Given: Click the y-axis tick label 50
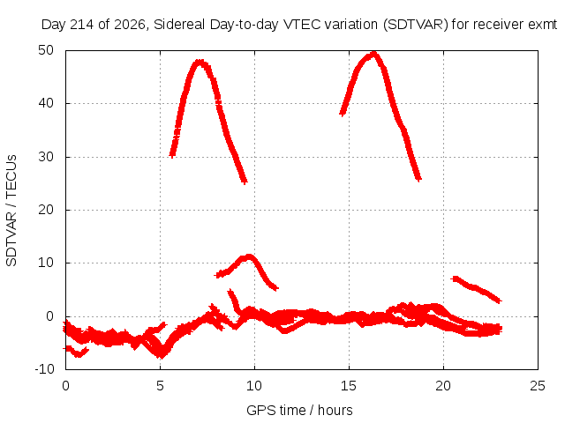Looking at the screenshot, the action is [46, 50].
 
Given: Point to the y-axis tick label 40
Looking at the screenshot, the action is [46, 103].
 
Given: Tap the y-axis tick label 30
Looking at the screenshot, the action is [46, 157].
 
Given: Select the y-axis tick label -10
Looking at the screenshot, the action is [44, 369].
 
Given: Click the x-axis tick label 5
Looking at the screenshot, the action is [160, 386].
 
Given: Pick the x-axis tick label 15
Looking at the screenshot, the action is [349, 386].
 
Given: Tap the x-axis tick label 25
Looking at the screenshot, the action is [538, 386].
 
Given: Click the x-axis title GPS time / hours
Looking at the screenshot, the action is [299, 410].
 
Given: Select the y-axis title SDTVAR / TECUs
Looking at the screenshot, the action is [11, 211].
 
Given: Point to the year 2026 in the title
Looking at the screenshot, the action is [130, 25].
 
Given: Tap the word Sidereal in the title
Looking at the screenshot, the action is [179, 25].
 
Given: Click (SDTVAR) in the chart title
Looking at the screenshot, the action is [416, 25].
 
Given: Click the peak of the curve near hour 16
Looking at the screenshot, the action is [374, 54].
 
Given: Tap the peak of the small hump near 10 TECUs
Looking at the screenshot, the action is [249, 256].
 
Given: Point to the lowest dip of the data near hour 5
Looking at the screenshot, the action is [162, 355].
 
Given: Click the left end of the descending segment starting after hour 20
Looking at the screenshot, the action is [453, 278].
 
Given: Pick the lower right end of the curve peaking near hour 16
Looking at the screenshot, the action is [418, 179].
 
